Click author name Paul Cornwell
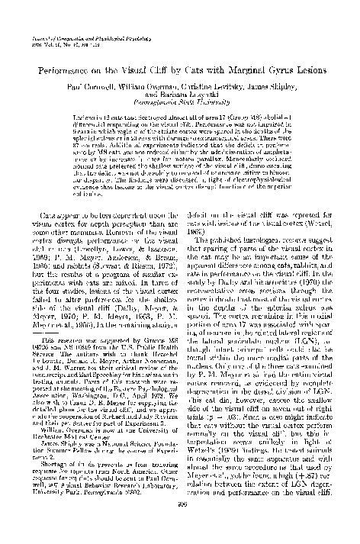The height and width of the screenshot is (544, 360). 89,89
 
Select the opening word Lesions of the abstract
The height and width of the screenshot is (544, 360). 72,119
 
